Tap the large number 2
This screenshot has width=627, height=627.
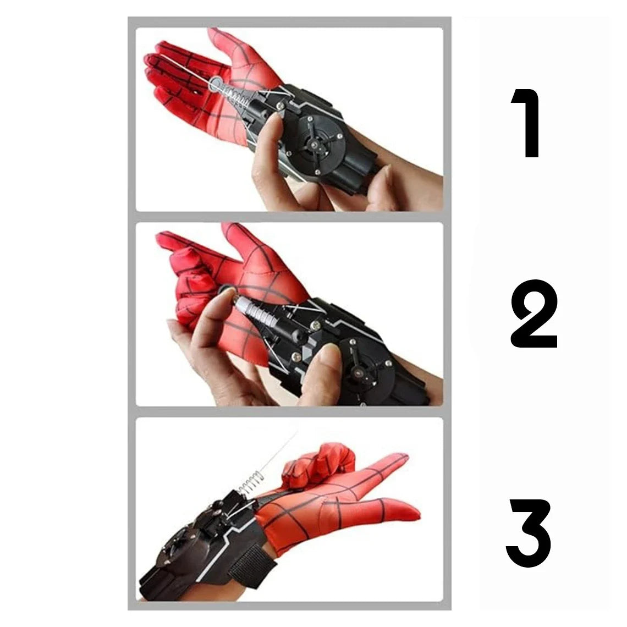(534, 314)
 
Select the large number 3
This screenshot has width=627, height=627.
(529, 532)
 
